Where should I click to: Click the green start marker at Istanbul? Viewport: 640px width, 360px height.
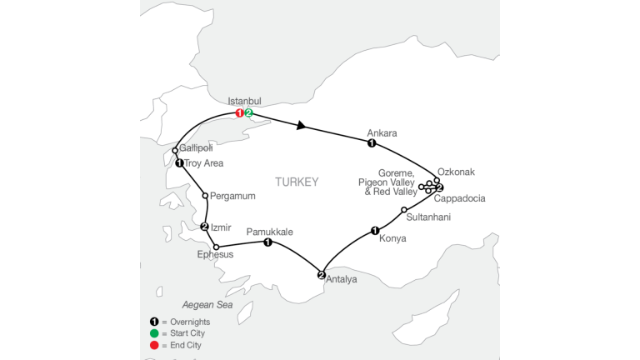248,113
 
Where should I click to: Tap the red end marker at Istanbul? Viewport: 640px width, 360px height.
240,113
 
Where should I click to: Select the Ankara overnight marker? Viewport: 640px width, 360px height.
372,143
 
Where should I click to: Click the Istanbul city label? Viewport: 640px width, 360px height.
244,101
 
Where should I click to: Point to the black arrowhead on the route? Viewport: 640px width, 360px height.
301,125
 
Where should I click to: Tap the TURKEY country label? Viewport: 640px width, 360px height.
297,182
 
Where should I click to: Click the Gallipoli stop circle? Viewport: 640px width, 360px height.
175,151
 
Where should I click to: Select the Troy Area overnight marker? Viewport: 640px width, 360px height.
179,163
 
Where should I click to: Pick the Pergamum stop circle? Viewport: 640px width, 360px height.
205,196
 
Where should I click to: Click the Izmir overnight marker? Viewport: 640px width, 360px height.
204,227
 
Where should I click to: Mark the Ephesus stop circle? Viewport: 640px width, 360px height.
217,247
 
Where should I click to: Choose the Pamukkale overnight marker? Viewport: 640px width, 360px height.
267,242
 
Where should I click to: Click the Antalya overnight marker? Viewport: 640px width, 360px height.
321,275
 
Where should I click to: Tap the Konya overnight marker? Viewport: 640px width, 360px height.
375,231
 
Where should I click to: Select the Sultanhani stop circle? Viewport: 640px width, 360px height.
404,210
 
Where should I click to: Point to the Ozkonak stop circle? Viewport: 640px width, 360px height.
437,180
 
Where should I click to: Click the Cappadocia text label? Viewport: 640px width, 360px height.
460,199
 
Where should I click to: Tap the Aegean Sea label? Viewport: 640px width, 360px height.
207,305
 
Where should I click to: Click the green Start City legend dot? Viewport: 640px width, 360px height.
154,333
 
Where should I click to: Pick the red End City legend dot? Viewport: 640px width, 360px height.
154,345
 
